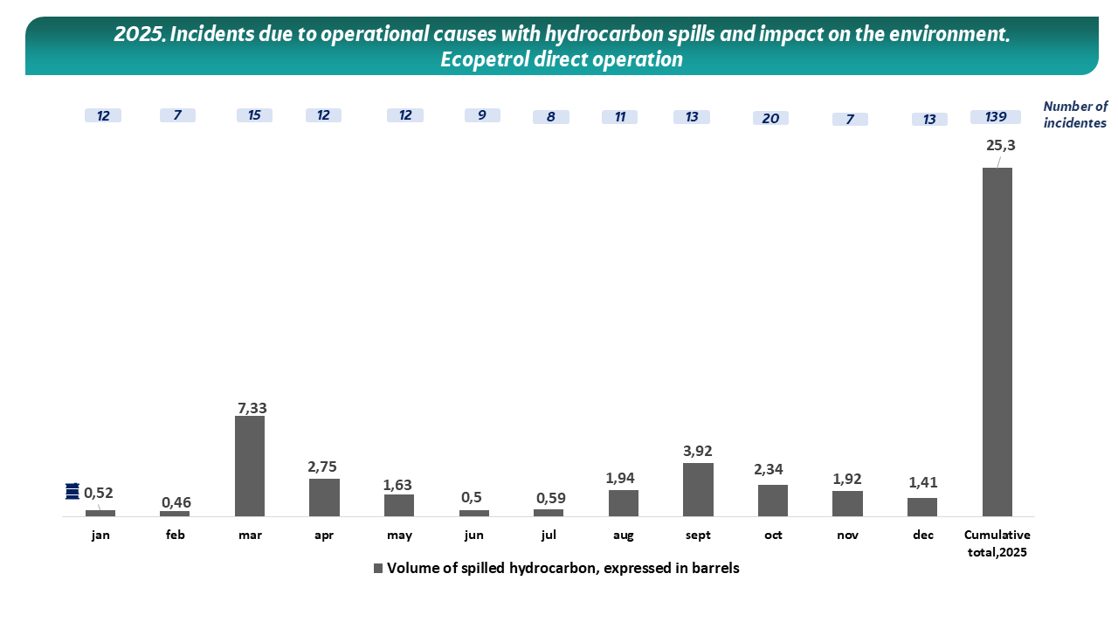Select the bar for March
tap(250, 466)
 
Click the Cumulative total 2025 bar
tap(997, 342)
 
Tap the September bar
tap(698, 489)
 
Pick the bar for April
tap(324, 497)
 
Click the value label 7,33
tap(252, 407)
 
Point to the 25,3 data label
tap(1000, 146)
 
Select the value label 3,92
tap(699, 451)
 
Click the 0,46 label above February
tap(176, 502)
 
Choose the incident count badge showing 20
tap(770, 118)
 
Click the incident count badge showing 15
tap(254, 115)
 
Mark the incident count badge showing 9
tap(482, 115)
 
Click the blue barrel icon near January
tap(72, 492)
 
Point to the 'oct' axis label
tap(773, 535)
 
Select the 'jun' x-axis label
tap(474, 535)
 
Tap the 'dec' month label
tap(923, 535)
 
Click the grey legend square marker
tap(378, 568)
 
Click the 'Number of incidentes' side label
tap(1074, 114)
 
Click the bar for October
tap(773, 500)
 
